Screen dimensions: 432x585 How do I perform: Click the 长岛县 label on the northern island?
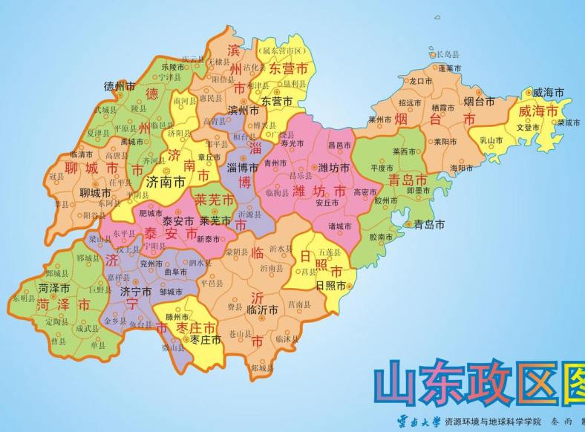pos(448,54)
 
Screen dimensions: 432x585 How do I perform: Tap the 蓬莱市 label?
pos(449,68)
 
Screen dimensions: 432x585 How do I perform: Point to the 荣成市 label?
pos(569,122)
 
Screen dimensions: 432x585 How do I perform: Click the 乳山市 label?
pos(491,139)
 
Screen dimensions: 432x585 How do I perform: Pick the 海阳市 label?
pos(460,168)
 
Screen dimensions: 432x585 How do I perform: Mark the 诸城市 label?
pos(341,225)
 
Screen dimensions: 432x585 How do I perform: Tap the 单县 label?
pos(98,345)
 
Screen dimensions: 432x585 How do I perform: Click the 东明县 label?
pos(24,298)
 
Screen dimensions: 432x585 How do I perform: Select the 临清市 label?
pos(82,154)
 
